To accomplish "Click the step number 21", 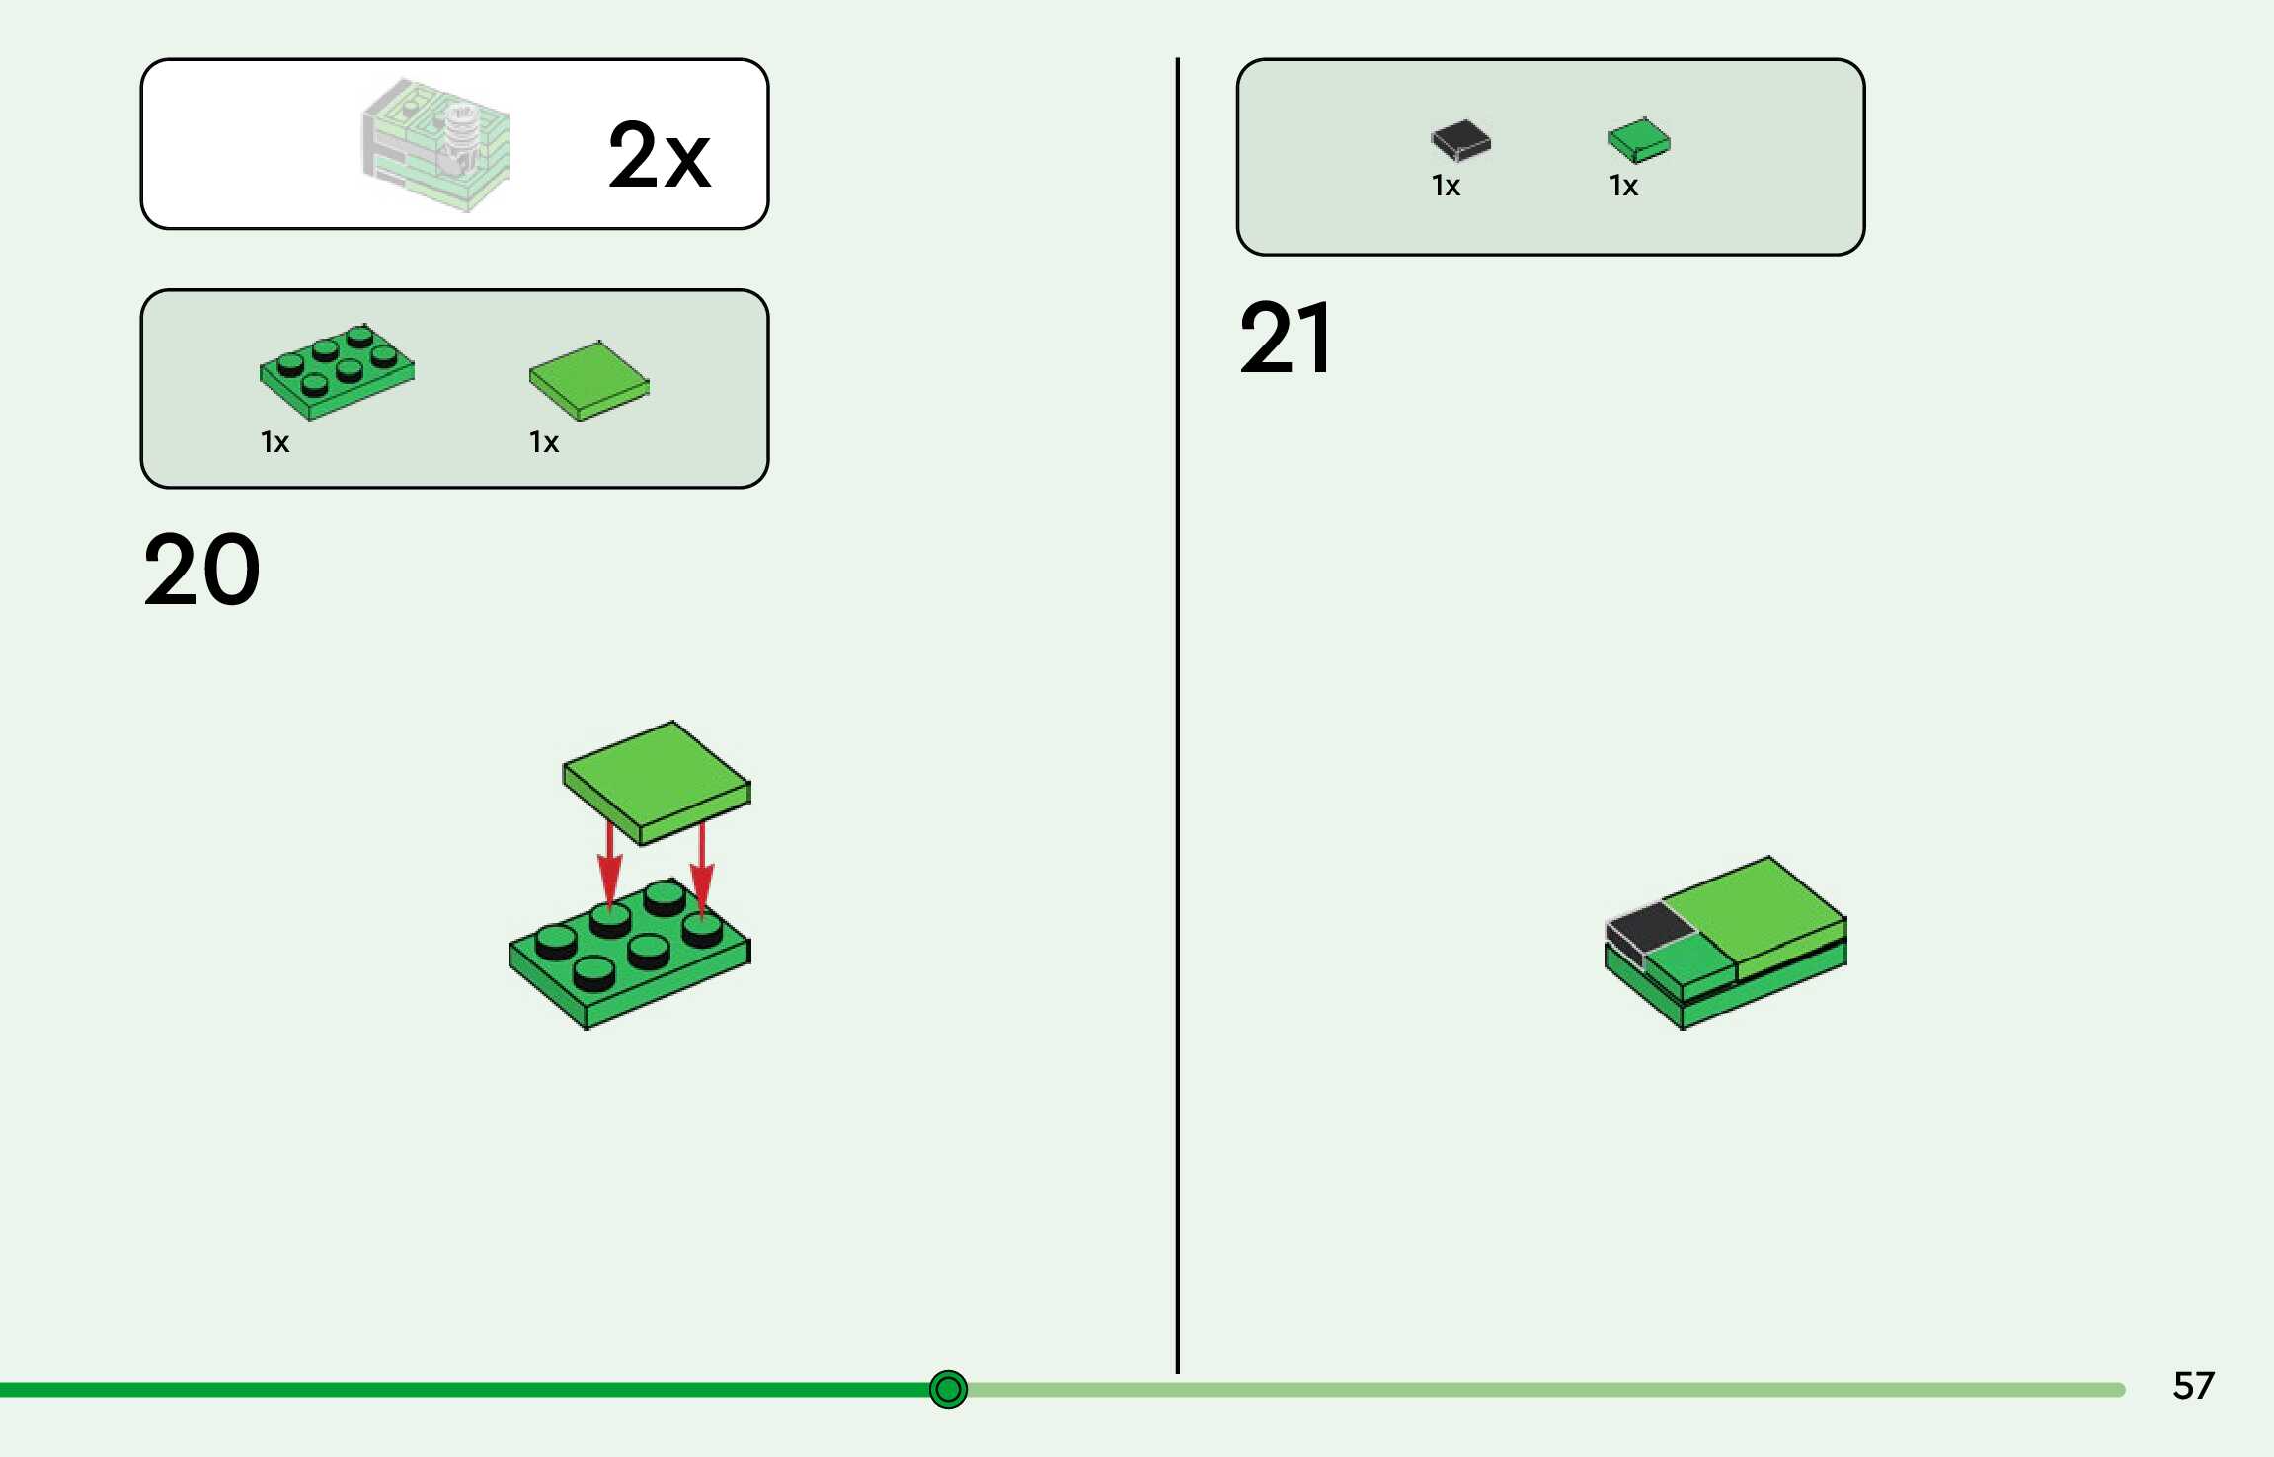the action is (x=1285, y=339).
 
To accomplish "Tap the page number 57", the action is (x=2193, y=1385).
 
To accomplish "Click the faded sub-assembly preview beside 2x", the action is (x=437, y=145).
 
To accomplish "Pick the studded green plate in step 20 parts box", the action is (x=337, y=372).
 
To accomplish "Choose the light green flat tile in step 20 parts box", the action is (x=588, y=380).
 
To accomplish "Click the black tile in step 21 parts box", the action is (x=1460, y=139).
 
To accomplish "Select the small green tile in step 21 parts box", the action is (x=1638, y=139).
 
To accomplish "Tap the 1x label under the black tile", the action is (x=1446, y=186).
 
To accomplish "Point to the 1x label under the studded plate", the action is (x=274, y=442).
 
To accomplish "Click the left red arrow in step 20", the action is (x=610, y=864).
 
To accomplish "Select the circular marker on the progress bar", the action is (x=948, y=1389).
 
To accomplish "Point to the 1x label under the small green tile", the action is (x=1623, y=186).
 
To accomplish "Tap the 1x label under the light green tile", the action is (x=543, y=442).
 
